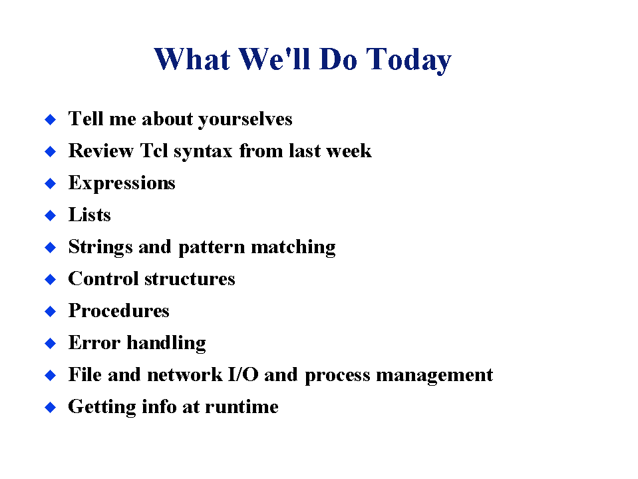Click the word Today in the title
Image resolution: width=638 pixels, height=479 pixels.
(x=408, y=60)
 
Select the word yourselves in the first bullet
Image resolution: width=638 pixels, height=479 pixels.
(x=245, y=119)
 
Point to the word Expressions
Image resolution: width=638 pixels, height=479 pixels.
(x=122, y=183)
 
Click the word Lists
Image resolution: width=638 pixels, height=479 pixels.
(x=90, y=215)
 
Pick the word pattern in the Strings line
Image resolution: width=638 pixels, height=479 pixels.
(x=212, y=248)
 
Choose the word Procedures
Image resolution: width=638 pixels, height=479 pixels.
(x=118, y=310)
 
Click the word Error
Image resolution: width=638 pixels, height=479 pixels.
(x=94, y=342)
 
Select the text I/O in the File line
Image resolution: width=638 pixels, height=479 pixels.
(x=243, y=374)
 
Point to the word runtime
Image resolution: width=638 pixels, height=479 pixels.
(x=241, y=406)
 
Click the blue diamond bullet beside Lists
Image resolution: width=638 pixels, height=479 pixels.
(x=51, y=215)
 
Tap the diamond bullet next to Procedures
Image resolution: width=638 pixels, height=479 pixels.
(x=51, y=311)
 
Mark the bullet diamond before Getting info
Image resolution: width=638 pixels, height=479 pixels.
(x=51, y=407)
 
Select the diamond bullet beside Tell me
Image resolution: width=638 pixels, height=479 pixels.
(x=51, y=119)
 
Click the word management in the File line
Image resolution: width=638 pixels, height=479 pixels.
(x=434, y=376)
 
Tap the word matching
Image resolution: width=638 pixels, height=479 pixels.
(x=293, y=248)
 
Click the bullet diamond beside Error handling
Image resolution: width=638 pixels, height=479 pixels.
(x=51, y=343)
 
